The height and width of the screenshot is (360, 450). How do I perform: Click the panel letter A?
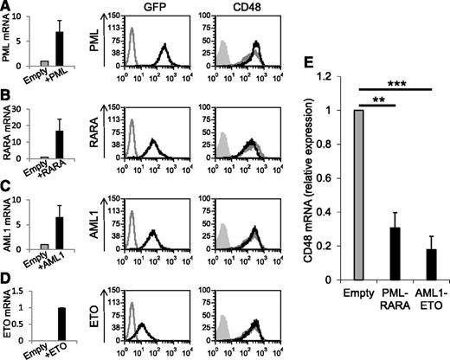click(x=7, y=7)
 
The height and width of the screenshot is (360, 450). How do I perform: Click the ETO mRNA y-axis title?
click(x=8, y=310)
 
